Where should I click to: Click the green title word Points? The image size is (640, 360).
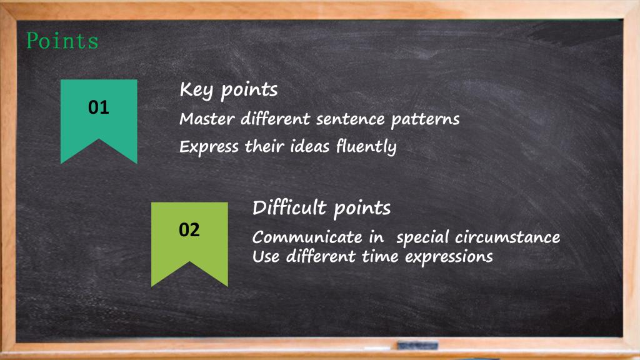[62, 41]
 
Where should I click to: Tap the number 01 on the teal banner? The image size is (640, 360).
[98, 107]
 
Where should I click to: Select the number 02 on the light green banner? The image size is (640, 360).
[189, 230]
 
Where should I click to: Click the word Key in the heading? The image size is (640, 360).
[196, 90]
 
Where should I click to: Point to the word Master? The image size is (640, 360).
[207, 119]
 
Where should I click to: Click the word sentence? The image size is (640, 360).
[350, 119]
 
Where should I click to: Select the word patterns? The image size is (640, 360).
[425, 120]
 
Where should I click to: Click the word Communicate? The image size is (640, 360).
[307, 237]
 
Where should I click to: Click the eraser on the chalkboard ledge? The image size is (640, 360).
[417, 346]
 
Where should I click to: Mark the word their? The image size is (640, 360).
[264, 146]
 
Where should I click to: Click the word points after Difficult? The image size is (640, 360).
[362, 209]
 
